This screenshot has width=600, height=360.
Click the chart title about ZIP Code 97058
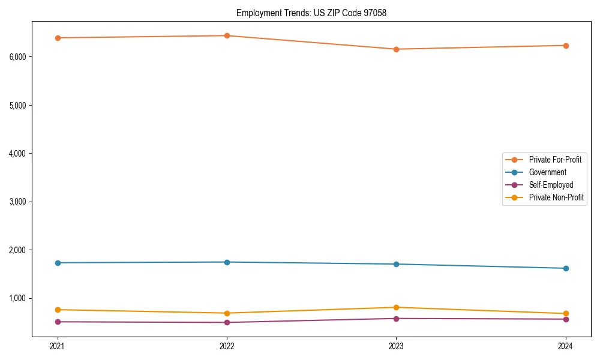point(311,13)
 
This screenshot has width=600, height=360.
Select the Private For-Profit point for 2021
point(58,38)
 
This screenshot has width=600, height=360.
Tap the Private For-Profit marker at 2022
point(227,35)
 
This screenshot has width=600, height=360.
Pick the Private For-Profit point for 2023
point(396,49)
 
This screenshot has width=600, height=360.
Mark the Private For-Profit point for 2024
point(565,46)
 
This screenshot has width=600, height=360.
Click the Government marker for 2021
point(58,263)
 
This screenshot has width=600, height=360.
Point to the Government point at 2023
point(396,264)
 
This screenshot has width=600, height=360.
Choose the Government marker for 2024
point(565,268)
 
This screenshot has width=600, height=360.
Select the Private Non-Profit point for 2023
point(396,307)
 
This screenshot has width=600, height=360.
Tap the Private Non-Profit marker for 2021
point(58,310)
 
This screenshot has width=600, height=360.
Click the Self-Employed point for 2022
point(227,323)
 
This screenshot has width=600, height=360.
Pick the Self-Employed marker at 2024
point(565,319)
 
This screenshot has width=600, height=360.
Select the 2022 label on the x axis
point(227,346)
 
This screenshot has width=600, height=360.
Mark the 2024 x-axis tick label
point(565,346)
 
